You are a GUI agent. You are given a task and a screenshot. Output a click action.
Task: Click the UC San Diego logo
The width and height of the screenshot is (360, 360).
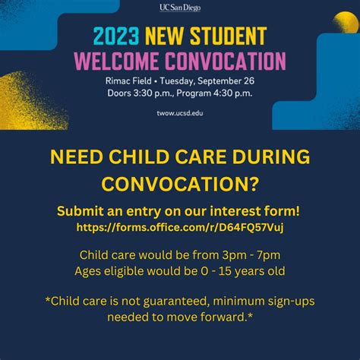click(179, 8)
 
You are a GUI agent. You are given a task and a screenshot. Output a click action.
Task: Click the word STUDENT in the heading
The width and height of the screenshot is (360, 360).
click(229, 35)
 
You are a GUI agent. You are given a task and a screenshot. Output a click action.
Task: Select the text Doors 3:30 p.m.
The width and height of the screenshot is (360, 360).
click(136, 93)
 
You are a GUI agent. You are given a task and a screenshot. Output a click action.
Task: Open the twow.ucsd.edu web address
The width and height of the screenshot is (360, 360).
click(179, 112)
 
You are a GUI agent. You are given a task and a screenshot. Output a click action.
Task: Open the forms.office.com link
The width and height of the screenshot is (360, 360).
click(179, 226)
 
